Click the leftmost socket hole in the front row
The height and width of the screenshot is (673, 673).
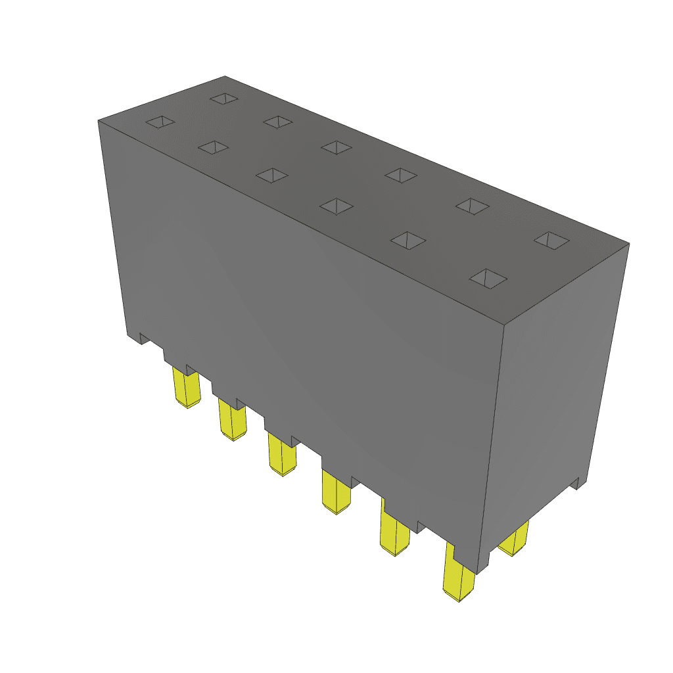pos(161,122)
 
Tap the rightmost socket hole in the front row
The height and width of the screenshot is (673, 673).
pos(488,279)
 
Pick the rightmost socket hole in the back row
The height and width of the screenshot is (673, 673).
pos(551,241)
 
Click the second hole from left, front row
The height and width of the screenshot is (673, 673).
pos(213,147)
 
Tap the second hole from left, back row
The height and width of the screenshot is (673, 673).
pos(279,122)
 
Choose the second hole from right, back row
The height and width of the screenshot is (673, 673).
pos(473,206)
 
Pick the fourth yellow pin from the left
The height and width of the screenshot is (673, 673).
pos(336,494)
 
